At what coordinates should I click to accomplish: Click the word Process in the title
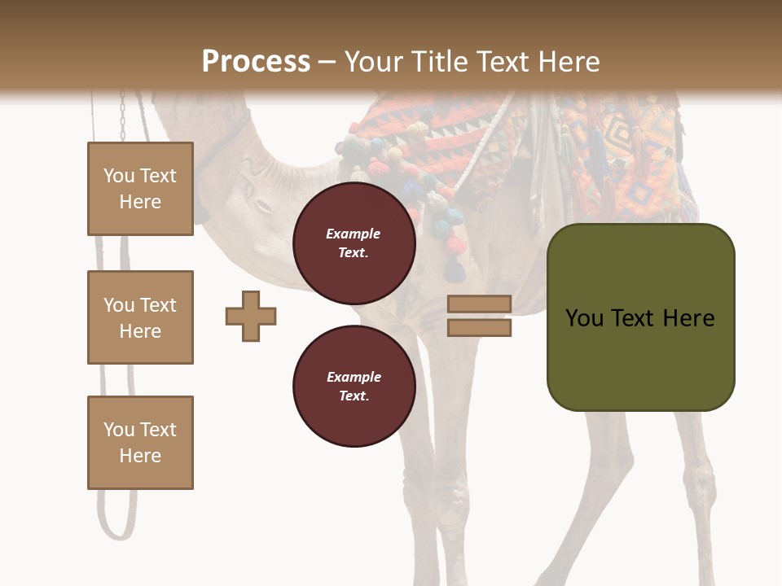click(x=256, y=62)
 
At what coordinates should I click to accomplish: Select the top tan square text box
click(x=140, y=189)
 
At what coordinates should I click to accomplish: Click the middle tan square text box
click(x=140, y=317)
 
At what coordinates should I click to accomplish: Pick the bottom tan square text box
click(x=140, y=443)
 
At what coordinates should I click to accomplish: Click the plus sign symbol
click(x=251, y=316)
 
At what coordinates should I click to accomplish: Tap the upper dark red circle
click(x=354, y=243)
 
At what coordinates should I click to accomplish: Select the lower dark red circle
click(x=354, y=386)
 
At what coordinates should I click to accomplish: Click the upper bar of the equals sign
click(x=479, y=304)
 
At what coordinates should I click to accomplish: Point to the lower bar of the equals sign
click(x=479, y=327)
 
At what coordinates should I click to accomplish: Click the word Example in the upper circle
click(x=354, y=234)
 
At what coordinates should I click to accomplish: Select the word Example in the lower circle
click(x=354, y=377)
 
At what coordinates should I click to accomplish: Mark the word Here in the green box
click(x=688, y=318)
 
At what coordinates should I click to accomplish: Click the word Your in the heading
click(x=371, y=62)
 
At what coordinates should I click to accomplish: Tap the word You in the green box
click(x=584, y=318)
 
